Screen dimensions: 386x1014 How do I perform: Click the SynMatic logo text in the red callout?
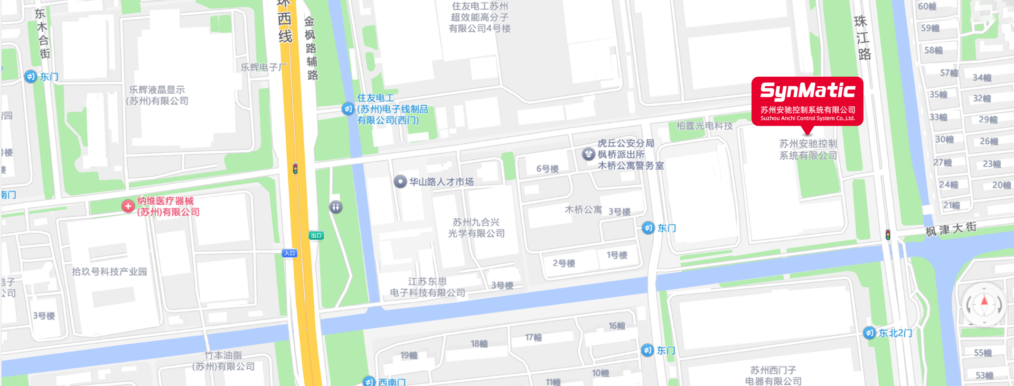pos(808,91)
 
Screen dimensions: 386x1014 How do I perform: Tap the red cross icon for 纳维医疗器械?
pos(128,206)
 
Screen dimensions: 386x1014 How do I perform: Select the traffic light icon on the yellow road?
pos(295,169)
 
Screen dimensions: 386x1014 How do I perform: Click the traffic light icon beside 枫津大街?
pos(888,234)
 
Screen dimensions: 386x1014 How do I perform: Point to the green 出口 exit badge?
pos(316,235)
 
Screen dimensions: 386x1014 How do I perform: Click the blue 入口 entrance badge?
pos(289,253)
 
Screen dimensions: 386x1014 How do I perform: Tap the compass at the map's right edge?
pos(984,304)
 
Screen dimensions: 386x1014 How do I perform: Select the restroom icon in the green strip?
pos(336,207)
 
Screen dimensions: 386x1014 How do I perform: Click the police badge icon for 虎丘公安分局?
pos(588,154)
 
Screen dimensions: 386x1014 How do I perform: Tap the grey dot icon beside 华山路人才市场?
pos(400,182)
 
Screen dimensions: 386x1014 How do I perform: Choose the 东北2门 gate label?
pos(895,333)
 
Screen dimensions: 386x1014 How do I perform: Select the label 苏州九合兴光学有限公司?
pos(476,228)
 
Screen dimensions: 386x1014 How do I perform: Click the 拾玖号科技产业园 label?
pos(109,272)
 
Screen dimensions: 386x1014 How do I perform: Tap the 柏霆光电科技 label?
pos(705,126)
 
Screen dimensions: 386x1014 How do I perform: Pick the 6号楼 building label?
pos(547,169)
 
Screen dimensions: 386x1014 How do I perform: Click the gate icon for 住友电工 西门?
pos(348,109)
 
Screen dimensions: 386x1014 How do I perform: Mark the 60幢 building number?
pos(927,6)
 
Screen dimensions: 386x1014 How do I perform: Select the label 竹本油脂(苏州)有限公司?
pos(223,361)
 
